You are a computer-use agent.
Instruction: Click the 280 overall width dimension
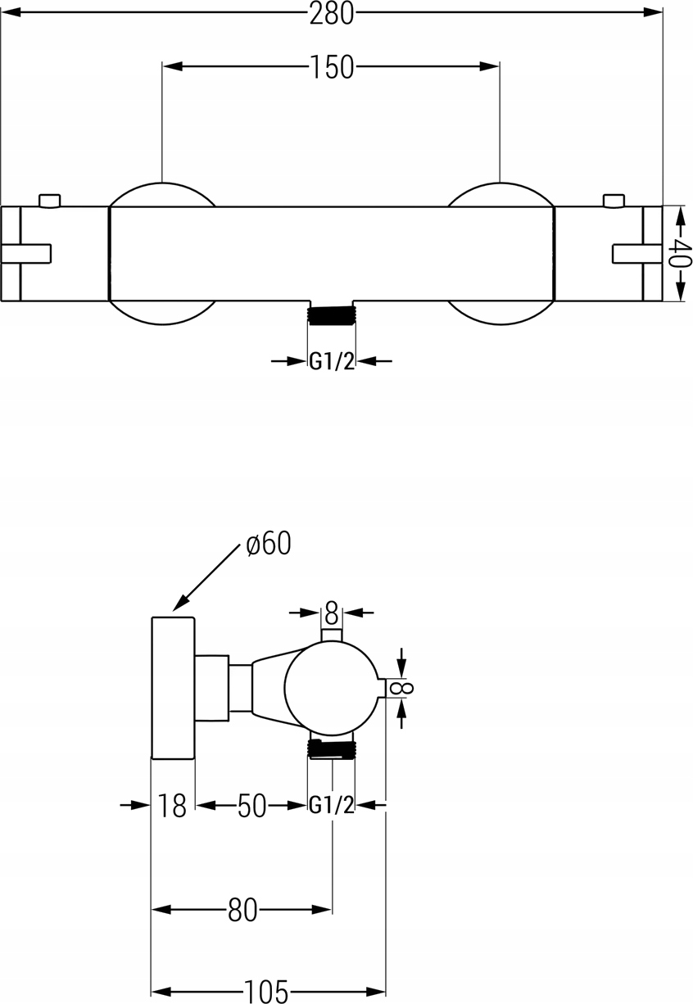tap(332, 14)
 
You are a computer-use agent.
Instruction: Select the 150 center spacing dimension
tap(332, 67)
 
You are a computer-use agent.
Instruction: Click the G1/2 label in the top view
tap(332, 361)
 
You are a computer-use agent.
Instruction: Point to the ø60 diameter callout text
tap(268, 543)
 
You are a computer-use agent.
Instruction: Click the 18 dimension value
tap(173, 806)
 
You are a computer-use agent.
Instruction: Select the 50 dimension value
tap(252, 806)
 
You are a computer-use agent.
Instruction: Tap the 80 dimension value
tap(242, 909)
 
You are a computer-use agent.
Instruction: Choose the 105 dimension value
tap(269, 992)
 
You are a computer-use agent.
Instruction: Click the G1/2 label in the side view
tap(332, 806)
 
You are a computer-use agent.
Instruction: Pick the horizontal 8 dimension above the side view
tap(331, 612)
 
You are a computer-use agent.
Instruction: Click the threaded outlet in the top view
tap(332, 314)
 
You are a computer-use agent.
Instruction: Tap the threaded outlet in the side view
tap(332, 748)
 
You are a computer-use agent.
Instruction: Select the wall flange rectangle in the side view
tap(174, 687)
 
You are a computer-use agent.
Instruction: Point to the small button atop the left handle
tap(50, 201)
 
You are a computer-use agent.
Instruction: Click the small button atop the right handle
tap(613, 201)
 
